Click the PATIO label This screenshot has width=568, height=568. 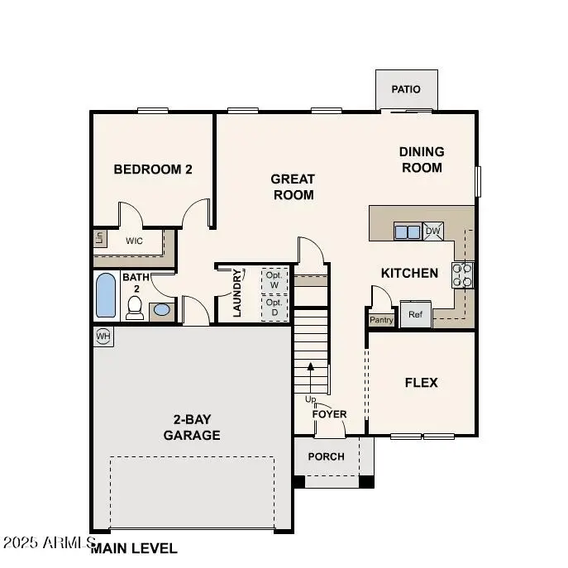[406, 89]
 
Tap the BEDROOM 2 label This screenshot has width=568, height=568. [153, 169]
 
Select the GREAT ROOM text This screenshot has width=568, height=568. [293, 187]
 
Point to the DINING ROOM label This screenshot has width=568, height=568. [422, 160]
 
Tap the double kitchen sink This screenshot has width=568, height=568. [408, 231]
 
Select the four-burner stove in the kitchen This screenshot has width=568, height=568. [463, 274]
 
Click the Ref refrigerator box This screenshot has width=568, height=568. [415, 315]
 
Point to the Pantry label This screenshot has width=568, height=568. [381, 320]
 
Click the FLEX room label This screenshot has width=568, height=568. [421, 383]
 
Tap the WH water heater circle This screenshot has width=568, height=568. [103, 337]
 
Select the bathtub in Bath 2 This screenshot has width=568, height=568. [106, 296]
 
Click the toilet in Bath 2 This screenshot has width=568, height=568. [135, 307]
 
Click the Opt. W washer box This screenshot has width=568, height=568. [274, 279]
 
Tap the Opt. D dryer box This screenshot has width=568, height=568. [274, 307]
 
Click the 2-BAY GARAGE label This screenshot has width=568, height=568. [192, 428]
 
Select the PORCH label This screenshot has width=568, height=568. [326, 456]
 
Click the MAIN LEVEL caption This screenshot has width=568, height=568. [134, 547]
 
